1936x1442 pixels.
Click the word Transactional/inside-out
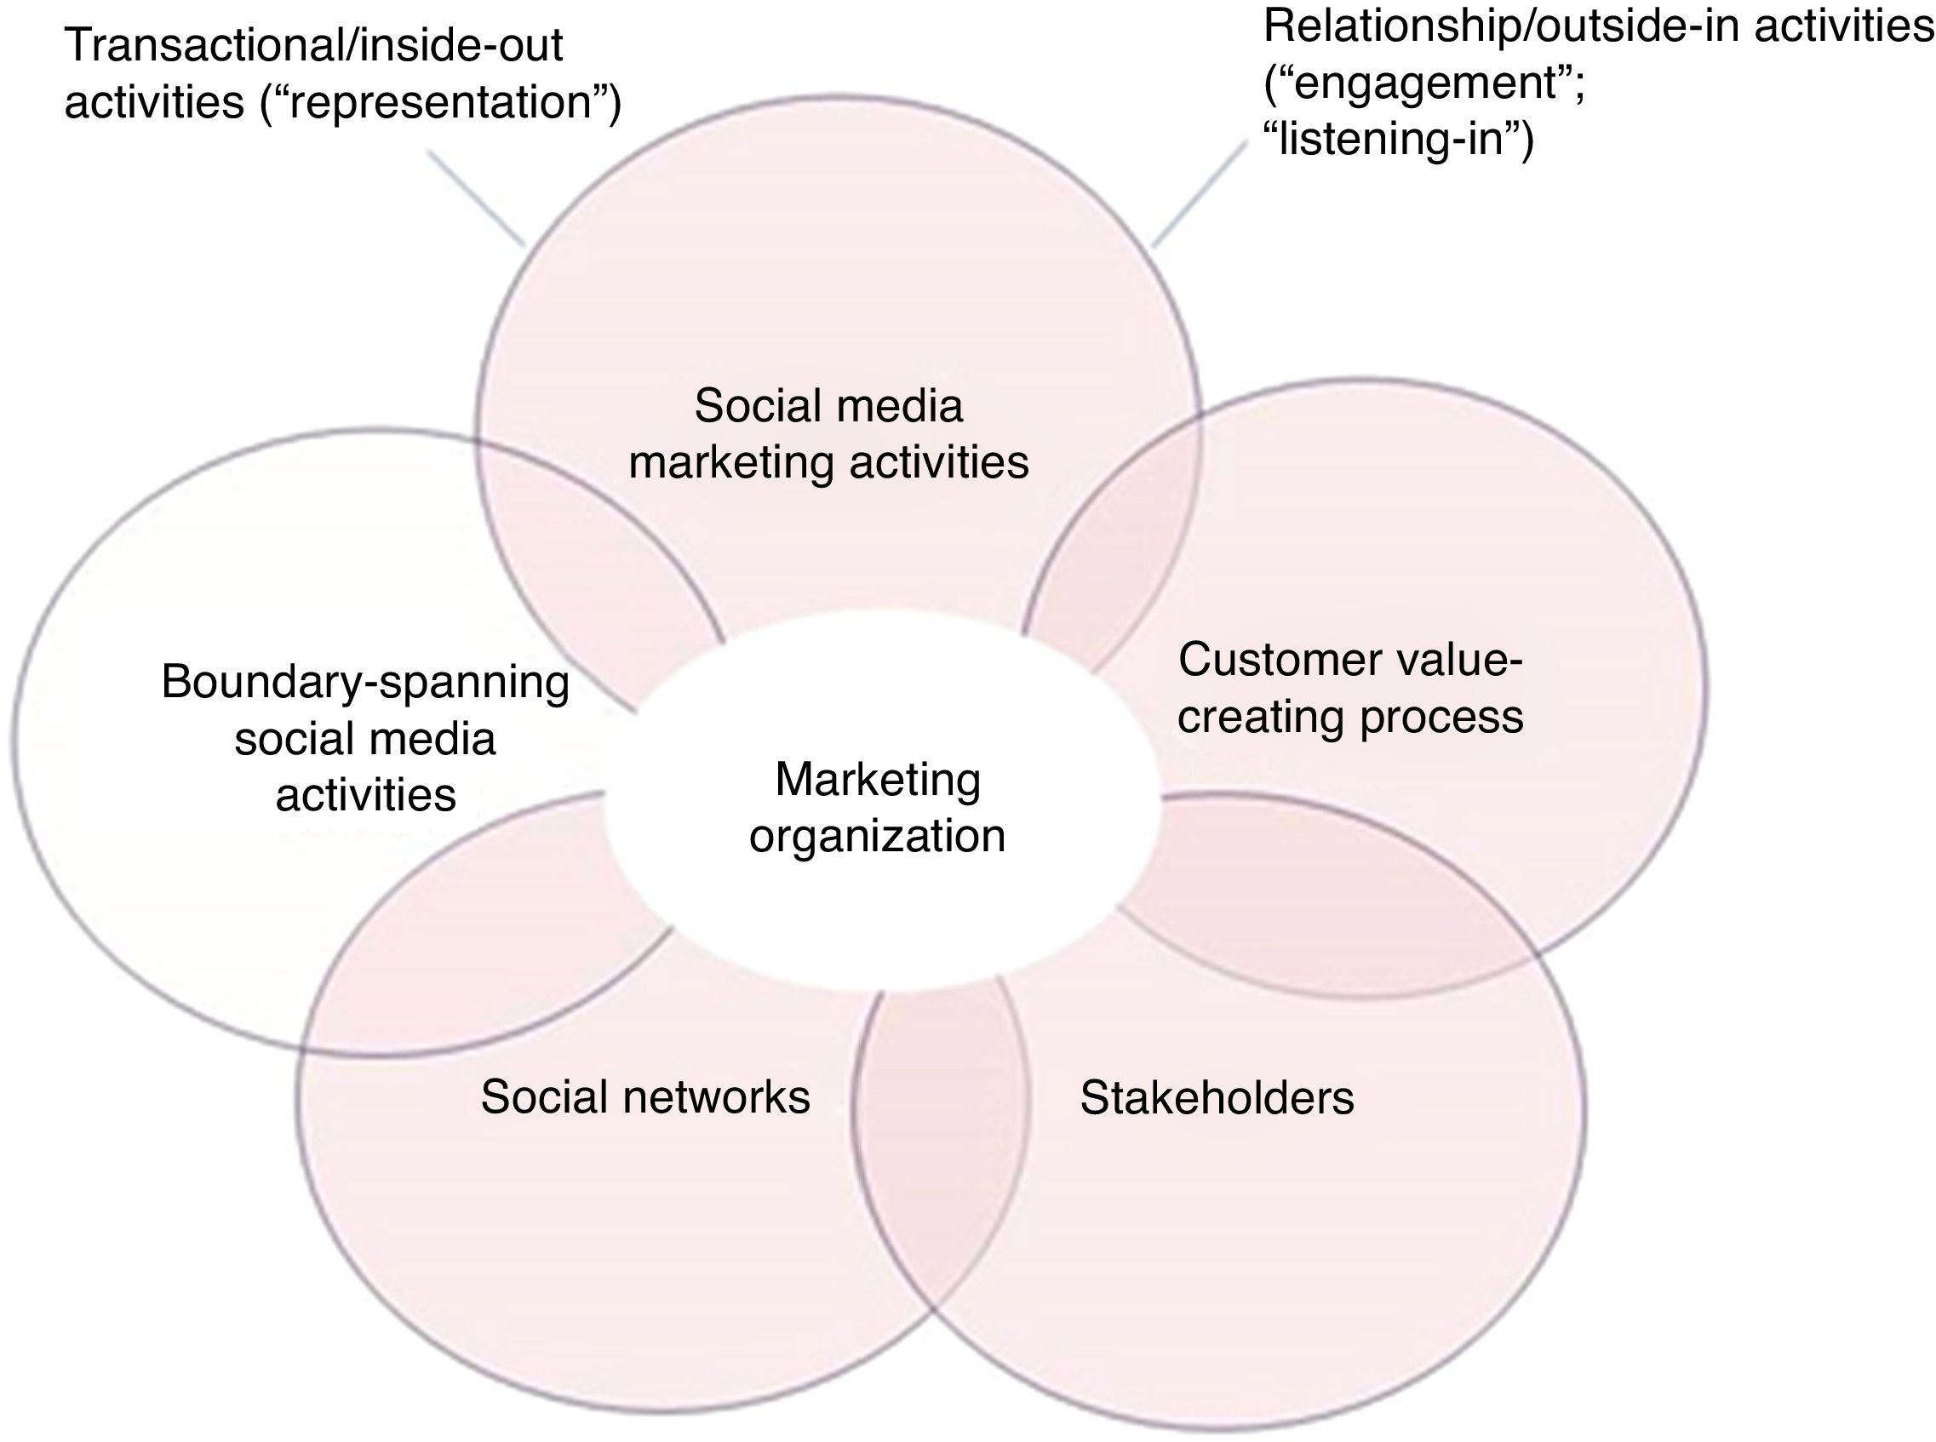[314, 45]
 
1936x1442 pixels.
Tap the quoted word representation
[441, 103]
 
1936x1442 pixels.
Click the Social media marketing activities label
[828, 434]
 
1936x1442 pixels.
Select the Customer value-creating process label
[1349, 688]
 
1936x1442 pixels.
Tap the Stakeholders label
[1217, 1097]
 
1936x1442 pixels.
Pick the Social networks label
[645, 1096]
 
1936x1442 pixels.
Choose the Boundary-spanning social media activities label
[365, 739]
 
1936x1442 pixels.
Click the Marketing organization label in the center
[877, 808]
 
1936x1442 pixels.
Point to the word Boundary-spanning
[365, 682]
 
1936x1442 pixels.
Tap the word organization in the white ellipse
[877, 836]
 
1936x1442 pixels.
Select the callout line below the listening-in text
[1201, 196]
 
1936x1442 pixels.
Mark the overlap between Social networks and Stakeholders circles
[940, 1143]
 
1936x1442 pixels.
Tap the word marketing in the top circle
[730, 462]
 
